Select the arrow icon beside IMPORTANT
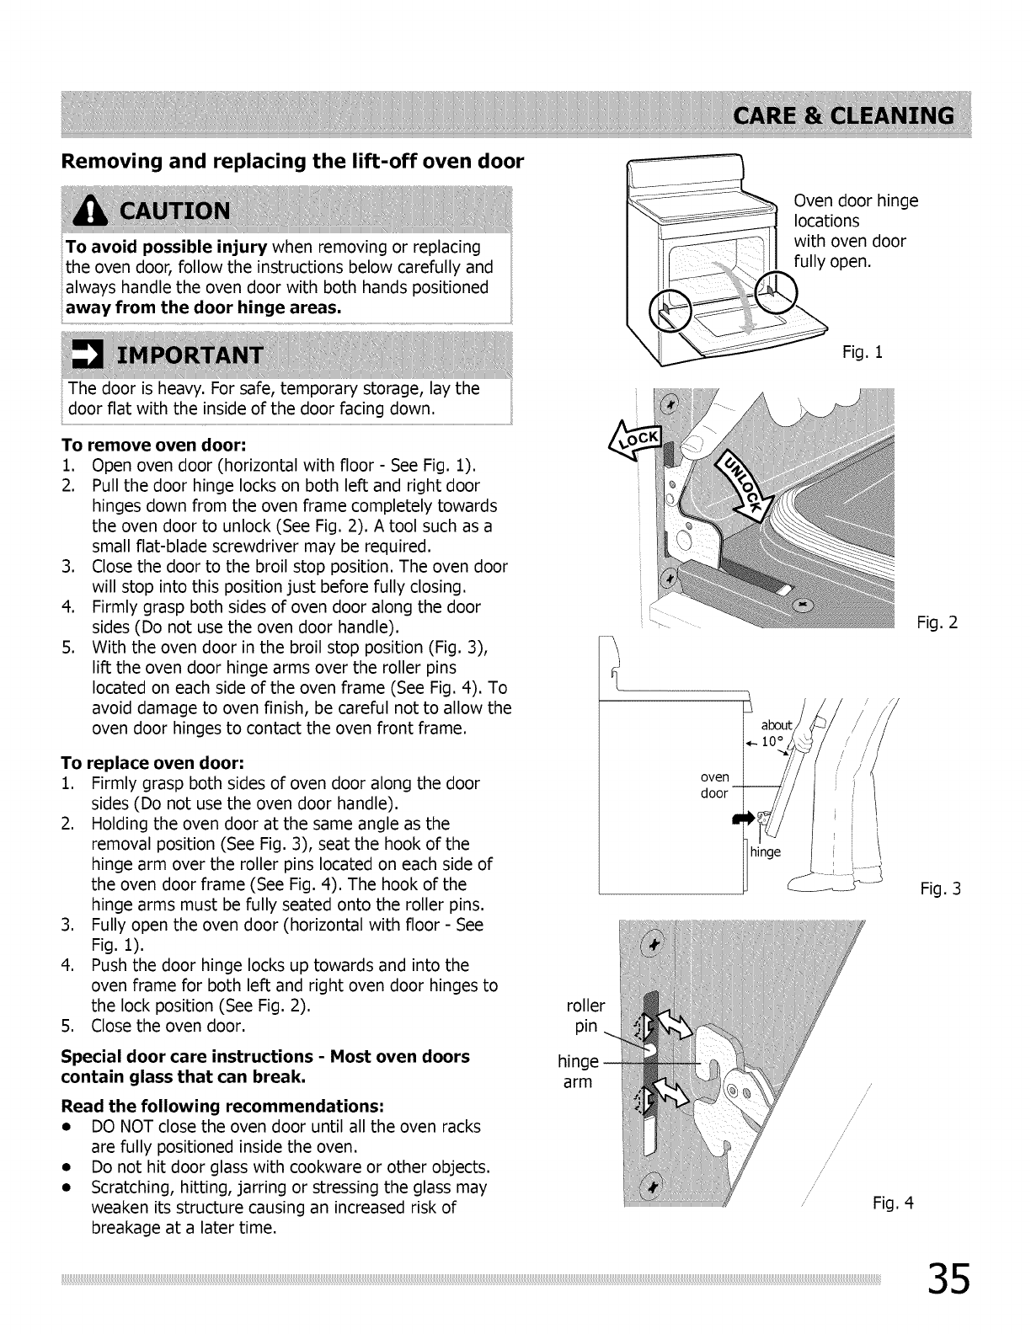coord(85,355)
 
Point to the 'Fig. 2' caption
coord(938,623)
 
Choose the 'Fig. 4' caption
coord(892,1203)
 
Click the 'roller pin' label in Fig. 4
coord(586,1016)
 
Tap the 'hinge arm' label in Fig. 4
coord(577,1071)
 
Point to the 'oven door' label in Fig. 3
coord(714,785)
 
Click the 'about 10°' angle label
coord(775,734)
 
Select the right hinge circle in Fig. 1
coord(774,291)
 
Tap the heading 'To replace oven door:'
coord(154,763)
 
